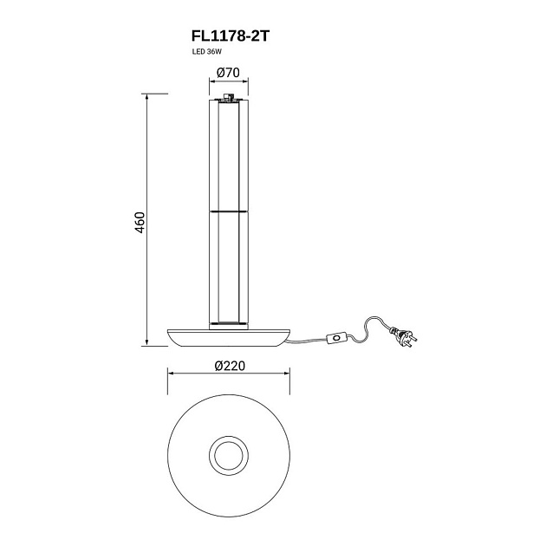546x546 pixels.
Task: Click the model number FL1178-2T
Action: (x=231, y=36)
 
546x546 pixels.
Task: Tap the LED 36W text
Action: (x=207, y=52)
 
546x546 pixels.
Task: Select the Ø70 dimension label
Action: (x=228, y=73)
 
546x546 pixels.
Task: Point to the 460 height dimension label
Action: (x=140, y=222)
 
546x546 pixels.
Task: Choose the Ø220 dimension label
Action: (x=230, y=366)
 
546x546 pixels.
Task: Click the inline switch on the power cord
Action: (x=336, y=337)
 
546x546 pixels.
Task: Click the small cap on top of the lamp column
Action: (x=229, y=97)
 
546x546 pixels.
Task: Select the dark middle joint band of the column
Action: (x=229, y=211)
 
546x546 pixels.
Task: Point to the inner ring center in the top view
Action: (x=229, y=455)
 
